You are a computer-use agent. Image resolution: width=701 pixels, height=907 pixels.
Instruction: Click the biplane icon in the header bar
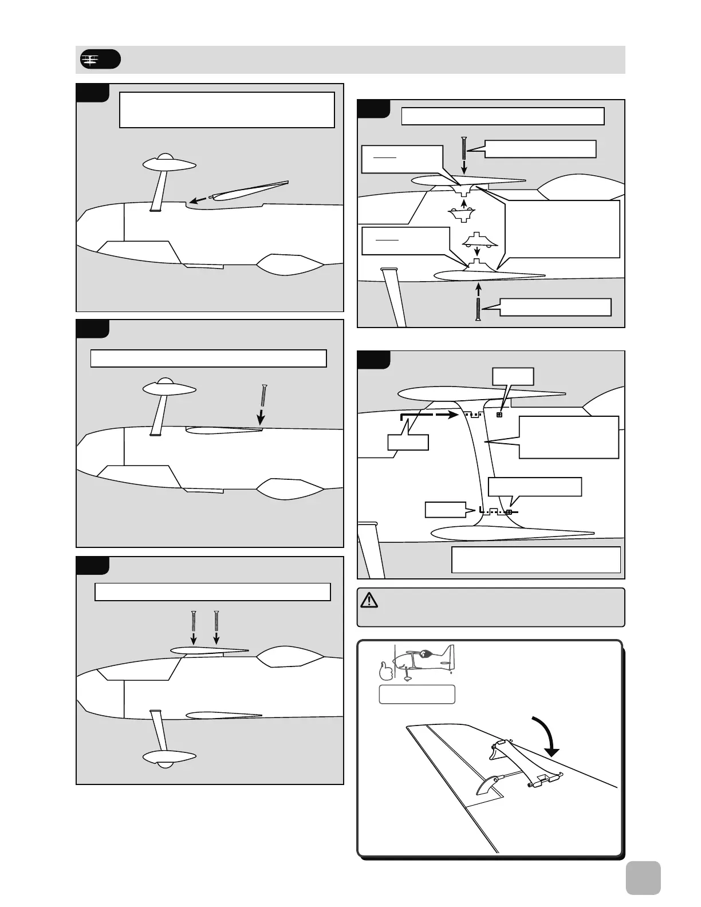tap(90, 59)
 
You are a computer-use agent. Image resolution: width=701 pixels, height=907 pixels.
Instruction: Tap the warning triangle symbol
tap(369, 600)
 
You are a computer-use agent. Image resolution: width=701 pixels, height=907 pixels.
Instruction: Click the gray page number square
tap(643, 878)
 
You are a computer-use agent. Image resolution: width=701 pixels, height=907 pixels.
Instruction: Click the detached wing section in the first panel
tap(249, 190)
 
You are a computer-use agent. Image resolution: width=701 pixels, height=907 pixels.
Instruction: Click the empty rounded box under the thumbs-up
tap(417, 694)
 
